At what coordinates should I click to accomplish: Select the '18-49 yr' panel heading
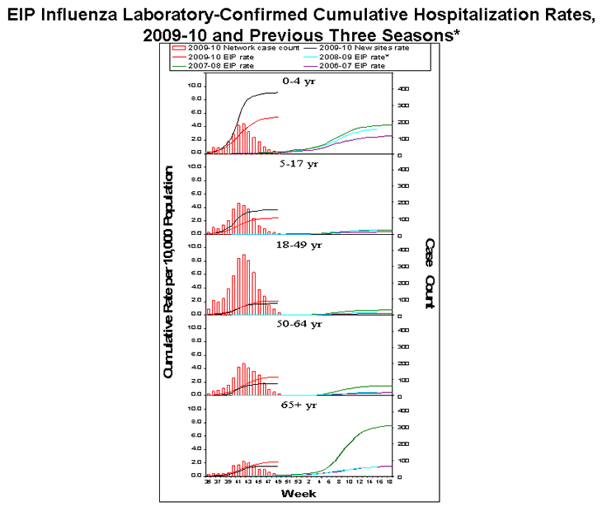point(301,245)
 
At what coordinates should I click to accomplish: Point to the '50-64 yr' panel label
point(301,324)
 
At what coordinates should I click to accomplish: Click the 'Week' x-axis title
point(299,494)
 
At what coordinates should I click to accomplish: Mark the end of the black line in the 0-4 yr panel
point(278,92)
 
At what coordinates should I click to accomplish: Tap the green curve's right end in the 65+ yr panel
point(392,425)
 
